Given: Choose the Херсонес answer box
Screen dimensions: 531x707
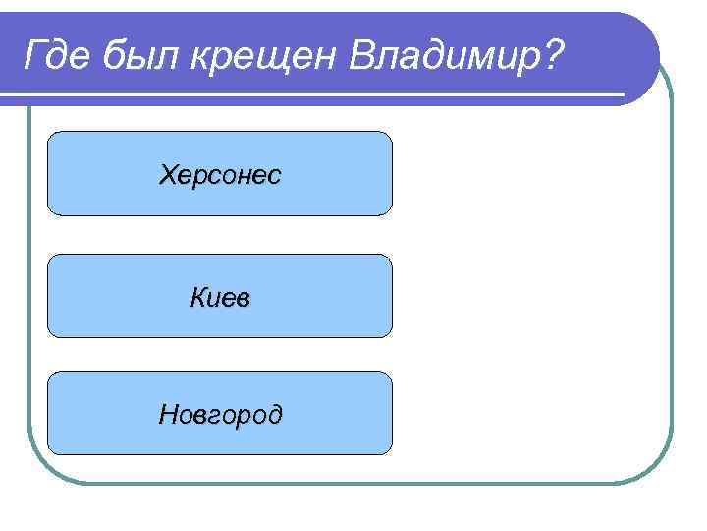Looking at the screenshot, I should pos(220,173).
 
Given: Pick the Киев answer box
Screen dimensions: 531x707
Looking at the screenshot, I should pos(220,295).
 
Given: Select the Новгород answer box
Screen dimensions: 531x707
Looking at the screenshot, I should pos(220,413).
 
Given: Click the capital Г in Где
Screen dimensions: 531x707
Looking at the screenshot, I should pos(36,55).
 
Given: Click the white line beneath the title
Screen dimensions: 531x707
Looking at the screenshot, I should pos(314,95).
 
